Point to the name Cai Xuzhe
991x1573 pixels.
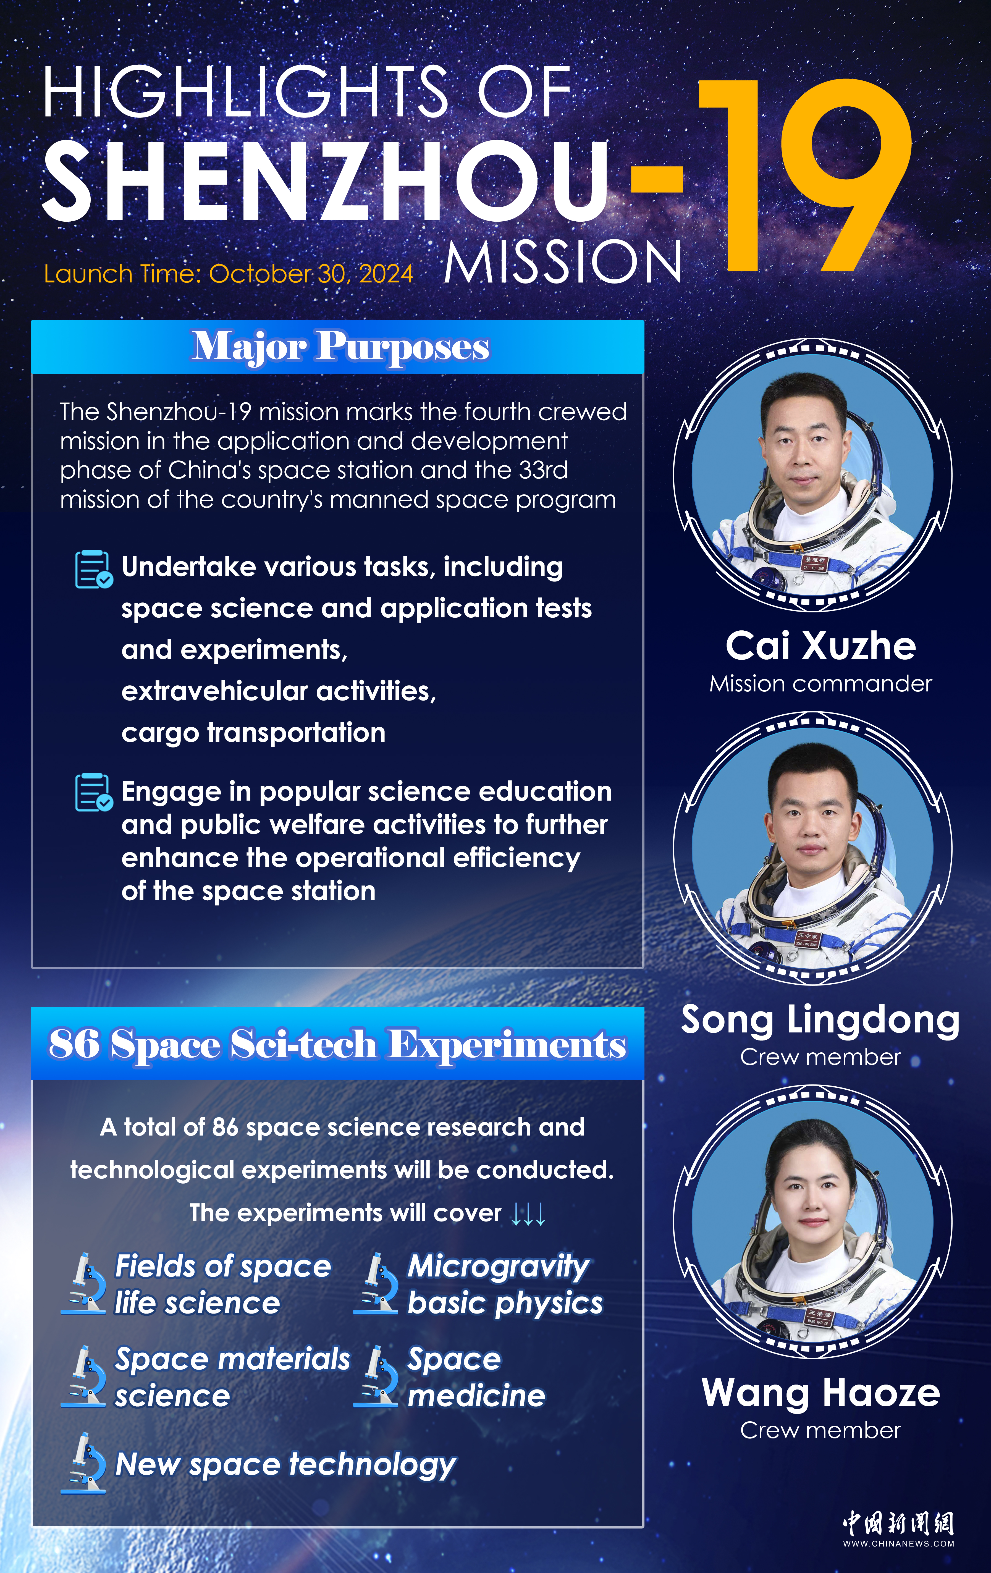[x=820, y=646]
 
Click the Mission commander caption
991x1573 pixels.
[x=820, y=684]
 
